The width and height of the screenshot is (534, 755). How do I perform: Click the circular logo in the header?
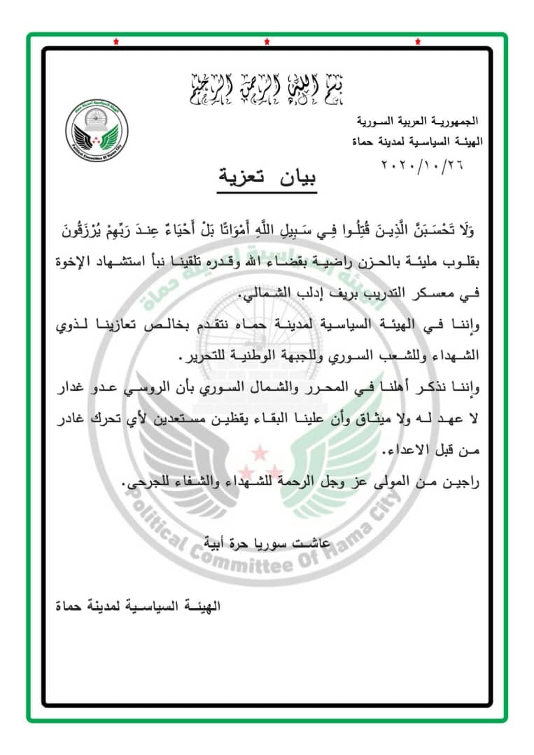[97, 130]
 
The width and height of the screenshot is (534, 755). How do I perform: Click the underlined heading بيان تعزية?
[266, 177]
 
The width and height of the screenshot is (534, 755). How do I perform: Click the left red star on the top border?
[115, 43]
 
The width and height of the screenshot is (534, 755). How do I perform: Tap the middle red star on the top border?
[267, 43]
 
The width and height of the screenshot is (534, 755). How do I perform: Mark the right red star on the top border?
[418, 43]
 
